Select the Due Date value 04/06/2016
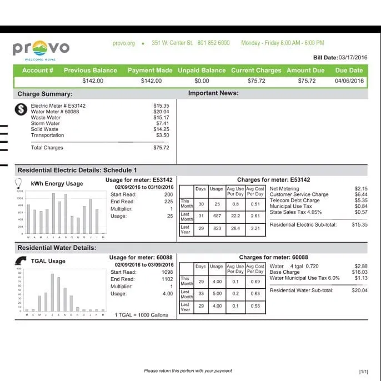pos(349,81)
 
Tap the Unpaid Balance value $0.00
pos(202,81)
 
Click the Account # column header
pos(38,71)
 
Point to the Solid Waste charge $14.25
pos(161,129)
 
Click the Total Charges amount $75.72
pos(161,148)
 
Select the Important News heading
pos(213,93)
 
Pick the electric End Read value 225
pos(168,202)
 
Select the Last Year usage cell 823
pos(217,228)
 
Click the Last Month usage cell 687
pos(217,216)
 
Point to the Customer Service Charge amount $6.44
pos(361,194)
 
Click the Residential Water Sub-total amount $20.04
pos(359,290)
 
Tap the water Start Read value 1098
pos(167,272)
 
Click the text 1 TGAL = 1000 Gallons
pos(141,315)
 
